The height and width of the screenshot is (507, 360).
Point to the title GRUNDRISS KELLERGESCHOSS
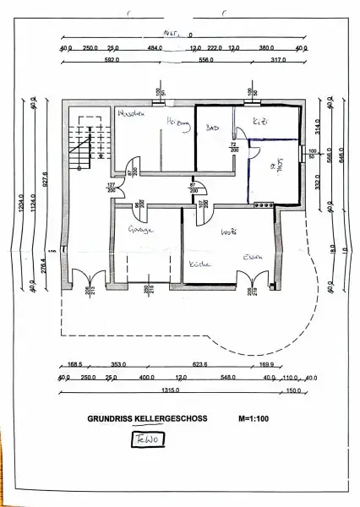tap(145, 417)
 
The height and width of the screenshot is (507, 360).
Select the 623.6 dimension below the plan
tap(224, 366)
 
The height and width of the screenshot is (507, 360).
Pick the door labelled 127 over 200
tap(111, 188)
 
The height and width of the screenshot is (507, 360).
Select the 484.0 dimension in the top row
tap(154, 47)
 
